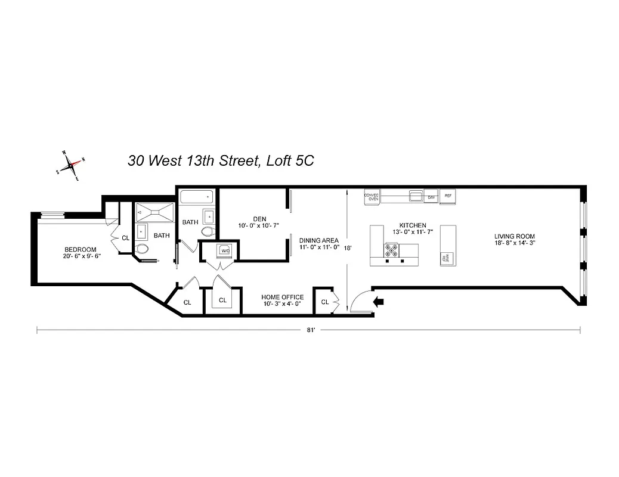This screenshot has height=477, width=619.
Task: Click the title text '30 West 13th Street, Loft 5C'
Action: (x=221, y=160)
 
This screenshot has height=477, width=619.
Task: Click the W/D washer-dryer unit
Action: (x=225, y=250)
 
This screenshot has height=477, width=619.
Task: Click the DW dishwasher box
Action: (x=431, y=196)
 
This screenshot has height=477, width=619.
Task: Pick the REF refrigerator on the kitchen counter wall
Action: (x=448, y=196)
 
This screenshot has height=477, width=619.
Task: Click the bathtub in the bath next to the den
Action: (x=196, y=197)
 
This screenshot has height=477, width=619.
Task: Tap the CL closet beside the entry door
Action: (x=325, y=302)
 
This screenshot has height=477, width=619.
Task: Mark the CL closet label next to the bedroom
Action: (x=125, y=237)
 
